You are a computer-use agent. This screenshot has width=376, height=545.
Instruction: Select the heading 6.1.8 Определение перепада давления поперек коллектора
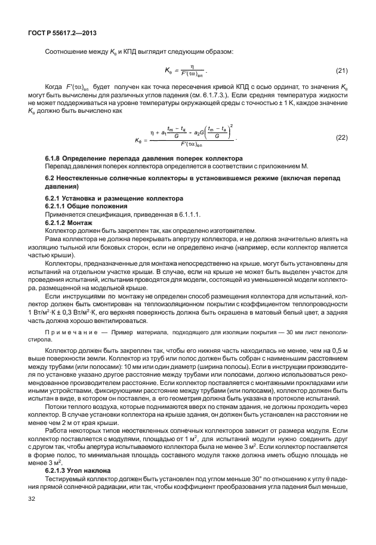(x=144, y=158)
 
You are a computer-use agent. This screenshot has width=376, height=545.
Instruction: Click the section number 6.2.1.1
(x=57, y=205)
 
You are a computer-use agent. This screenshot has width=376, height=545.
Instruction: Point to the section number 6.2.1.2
(x=57, y=221)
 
